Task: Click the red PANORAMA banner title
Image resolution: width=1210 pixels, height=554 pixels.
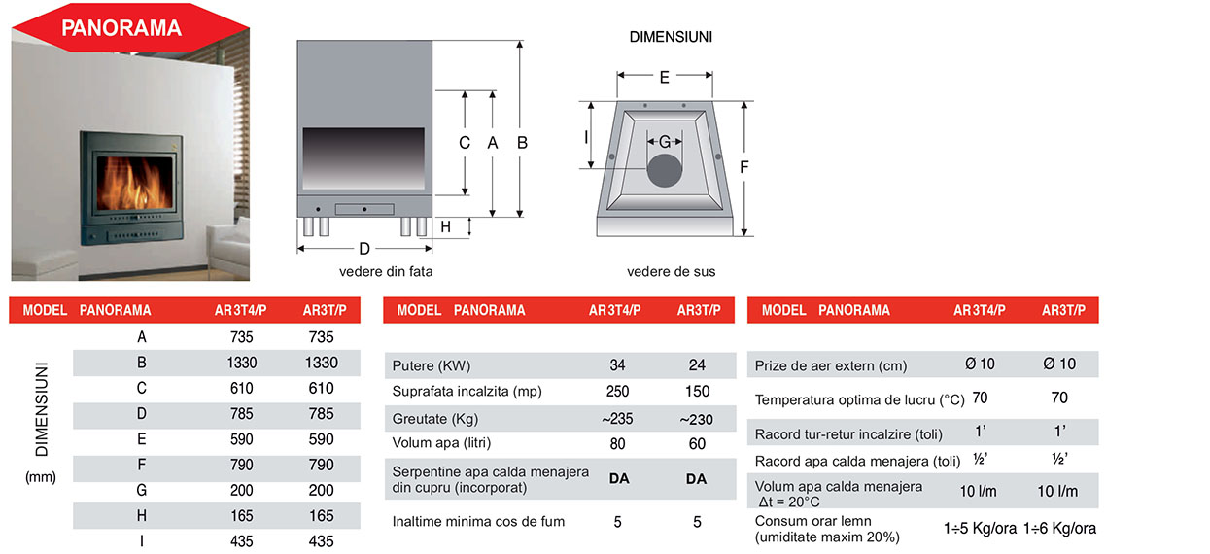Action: click(121, 28)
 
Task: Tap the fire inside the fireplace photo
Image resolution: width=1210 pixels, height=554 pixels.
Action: click(134, 184)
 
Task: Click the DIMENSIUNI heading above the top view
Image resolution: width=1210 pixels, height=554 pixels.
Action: click(671, 37)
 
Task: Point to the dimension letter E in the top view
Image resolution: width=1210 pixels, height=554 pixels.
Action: click(665, 77)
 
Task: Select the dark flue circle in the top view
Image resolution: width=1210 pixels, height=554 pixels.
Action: click(665, 171)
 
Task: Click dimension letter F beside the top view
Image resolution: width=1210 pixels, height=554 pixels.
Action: click(744, 167)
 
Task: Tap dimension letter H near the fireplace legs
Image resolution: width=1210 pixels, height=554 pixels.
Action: click(446, 226)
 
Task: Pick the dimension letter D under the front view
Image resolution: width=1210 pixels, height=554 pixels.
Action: click(364, 249)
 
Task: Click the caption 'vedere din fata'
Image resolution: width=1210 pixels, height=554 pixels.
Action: click(386, 271)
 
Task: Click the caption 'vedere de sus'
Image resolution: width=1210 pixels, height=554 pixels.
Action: click(671, 271)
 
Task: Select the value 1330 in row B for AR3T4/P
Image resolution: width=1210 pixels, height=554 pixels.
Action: click(242, 363)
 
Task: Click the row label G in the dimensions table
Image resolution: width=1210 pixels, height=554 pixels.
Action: click(142, 490)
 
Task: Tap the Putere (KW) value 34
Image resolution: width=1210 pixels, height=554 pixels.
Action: click(617, 365)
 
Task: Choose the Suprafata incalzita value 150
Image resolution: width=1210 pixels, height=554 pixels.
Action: click(698, 392)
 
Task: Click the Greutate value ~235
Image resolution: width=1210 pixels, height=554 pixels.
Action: click(617, 419)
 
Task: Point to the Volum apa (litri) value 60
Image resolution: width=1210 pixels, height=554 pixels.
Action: click(698, 444)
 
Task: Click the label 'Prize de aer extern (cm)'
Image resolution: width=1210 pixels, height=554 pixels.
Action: click(831, 366)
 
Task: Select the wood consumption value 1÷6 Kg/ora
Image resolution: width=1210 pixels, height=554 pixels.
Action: click(1059, 528)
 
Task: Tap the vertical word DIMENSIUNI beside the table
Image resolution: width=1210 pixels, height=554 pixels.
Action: click(42, 409)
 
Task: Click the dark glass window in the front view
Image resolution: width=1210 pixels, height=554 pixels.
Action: click(363, 158)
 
